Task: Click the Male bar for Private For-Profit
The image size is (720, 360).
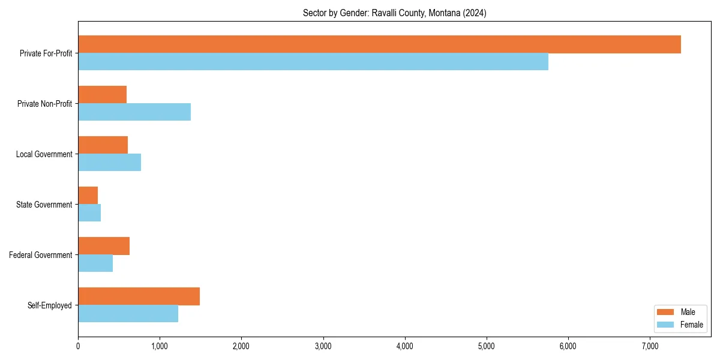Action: pos(379,44)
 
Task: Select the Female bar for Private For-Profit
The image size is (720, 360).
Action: pos(313,62)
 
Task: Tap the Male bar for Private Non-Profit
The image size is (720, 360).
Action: pos(102,95)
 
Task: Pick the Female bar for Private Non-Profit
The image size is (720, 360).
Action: pos(134,112)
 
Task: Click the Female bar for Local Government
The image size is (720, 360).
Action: pos(109,163)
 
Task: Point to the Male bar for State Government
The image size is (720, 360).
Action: pos(88,196)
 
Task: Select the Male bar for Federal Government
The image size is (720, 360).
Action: pos(104,246)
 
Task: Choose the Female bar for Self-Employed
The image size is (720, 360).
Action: pos(128,314)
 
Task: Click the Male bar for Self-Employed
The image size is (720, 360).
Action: pos(139,296)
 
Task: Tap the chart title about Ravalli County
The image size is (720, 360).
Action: pos(394,13)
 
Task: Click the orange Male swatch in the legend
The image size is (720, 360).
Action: pos(666,312)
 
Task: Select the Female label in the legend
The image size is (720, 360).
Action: pos(691,325)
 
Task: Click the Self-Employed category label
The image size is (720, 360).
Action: pos(50,305)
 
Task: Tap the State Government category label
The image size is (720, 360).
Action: pos(44,205)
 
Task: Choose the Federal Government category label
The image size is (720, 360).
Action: pos(41,255)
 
